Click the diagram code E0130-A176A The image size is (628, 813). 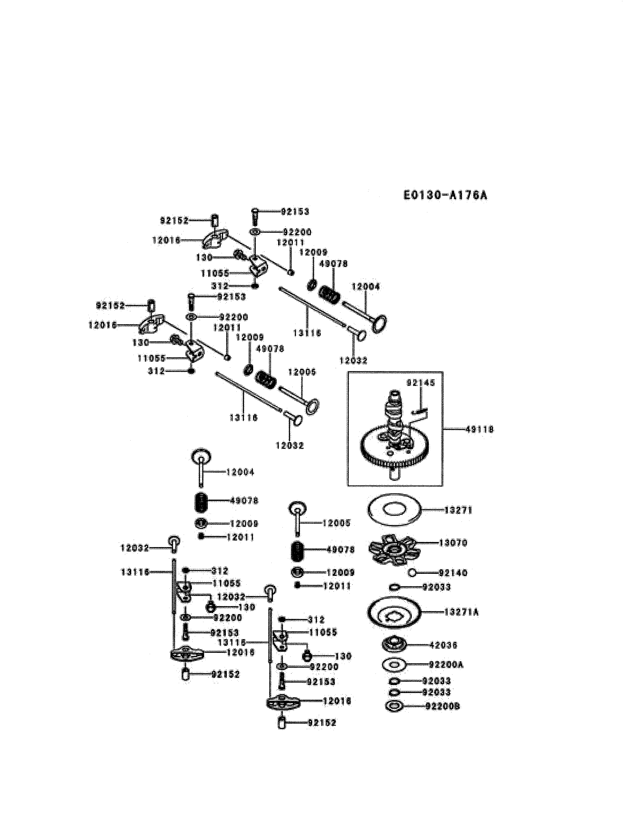tap(445, 195)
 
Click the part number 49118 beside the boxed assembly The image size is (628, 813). tap(479, 429)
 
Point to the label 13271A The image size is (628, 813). tap(461, 612)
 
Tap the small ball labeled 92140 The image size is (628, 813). tap(412, 573)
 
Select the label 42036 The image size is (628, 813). tap(443, 645)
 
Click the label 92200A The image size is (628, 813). tap(446, 664)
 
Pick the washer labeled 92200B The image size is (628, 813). tap(394, 706)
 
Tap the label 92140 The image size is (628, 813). tap(453, 573)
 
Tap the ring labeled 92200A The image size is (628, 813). tap(394, 664)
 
